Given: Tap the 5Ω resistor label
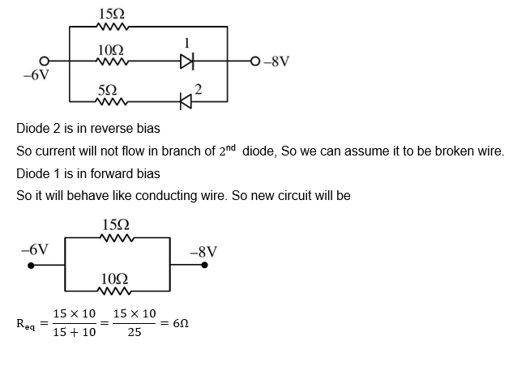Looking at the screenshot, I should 106,89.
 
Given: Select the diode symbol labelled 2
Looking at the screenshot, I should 187,101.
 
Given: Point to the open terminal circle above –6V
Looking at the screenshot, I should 45,61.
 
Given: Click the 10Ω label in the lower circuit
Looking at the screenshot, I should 115,279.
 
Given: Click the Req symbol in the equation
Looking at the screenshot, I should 25,323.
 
